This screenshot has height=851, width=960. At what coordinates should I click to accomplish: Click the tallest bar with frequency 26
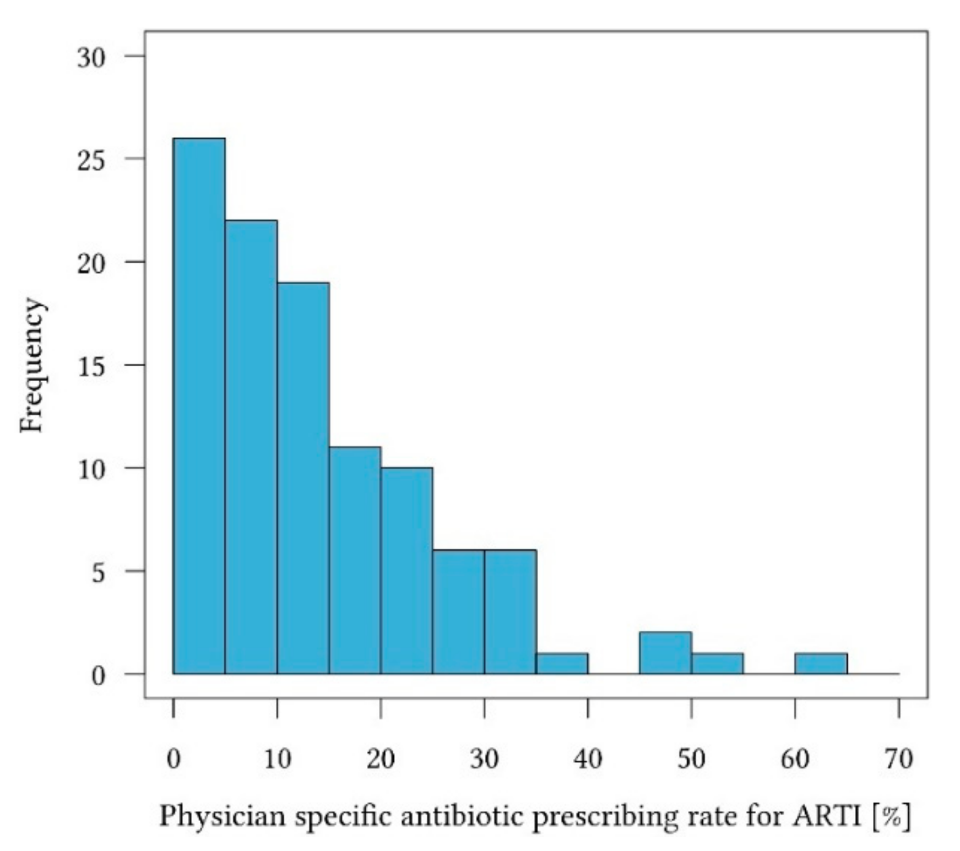tap(199, 406)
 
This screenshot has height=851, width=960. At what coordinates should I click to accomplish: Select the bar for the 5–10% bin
tap(251, 447)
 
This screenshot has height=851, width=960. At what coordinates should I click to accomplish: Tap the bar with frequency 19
tap(303, 478)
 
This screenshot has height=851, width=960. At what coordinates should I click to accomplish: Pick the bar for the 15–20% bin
tap(355, 560)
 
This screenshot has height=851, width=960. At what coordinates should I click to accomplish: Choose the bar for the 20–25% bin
tap(406, 571)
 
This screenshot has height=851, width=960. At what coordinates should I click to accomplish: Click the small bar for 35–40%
tap(562, 664)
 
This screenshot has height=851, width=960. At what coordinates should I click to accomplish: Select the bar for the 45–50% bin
tap(665, 653)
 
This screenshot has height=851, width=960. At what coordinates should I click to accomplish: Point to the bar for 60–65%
tap(821, 664)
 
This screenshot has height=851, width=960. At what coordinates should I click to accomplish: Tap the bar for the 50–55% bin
tap(717, 664)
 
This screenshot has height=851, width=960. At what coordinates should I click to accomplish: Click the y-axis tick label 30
tap(91, 57)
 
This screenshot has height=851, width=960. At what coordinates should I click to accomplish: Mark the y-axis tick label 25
tap(91, 160)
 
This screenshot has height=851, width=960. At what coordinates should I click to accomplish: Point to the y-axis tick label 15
tap(91, 366)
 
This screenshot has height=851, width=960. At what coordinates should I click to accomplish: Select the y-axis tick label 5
tap(98, 573)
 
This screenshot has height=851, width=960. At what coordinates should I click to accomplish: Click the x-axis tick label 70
tap(898, 759)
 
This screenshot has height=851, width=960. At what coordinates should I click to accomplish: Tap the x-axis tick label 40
tap(588, 759)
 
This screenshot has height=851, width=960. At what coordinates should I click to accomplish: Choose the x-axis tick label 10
tap(277, 759)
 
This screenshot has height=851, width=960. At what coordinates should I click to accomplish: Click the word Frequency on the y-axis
tap(32, 365)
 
